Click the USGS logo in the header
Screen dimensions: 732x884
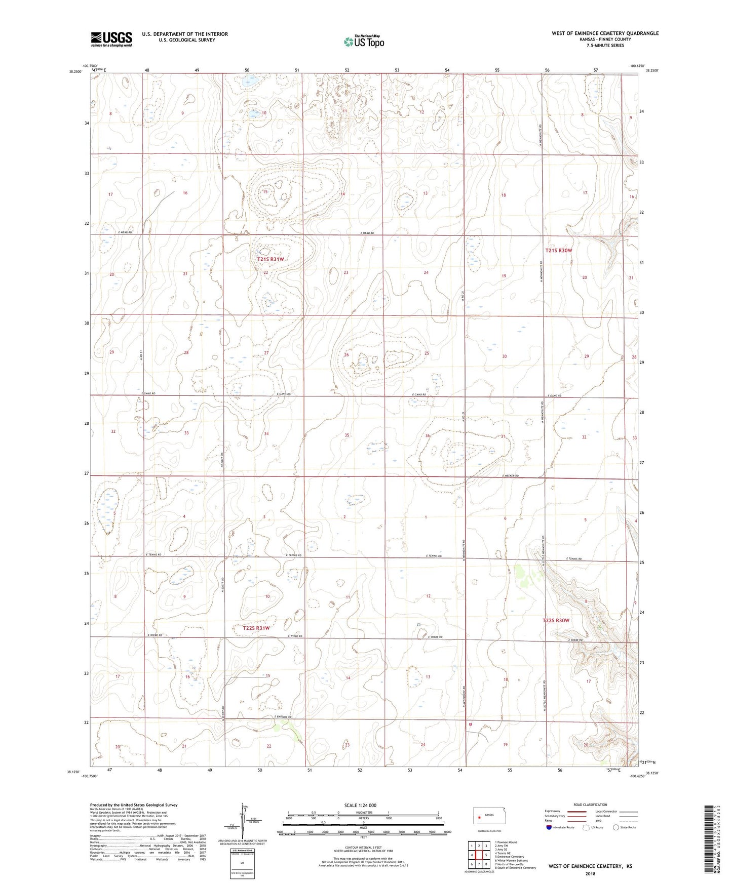[111, 39]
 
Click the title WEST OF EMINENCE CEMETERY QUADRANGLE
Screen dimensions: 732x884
[605, 33]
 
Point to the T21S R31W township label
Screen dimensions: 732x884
[271, 259]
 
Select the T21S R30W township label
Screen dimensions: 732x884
[559, 251]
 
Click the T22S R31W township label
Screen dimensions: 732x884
[256, 628]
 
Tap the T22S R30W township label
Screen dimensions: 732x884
[556, 620]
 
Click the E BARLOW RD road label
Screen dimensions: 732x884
[283, 717]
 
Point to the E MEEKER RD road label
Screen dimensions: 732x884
[511, 476]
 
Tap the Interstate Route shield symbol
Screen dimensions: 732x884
[549, 827]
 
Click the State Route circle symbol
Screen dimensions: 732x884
[616, 827]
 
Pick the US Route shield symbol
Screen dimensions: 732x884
[586, 827]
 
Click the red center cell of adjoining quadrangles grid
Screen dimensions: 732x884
[479, 855]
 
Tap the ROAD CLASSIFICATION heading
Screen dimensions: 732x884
[590, 805]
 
